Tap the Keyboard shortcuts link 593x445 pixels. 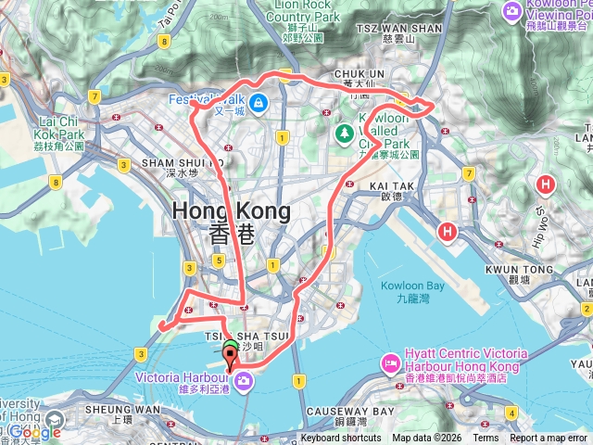340,439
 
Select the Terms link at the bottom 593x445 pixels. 486,439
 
